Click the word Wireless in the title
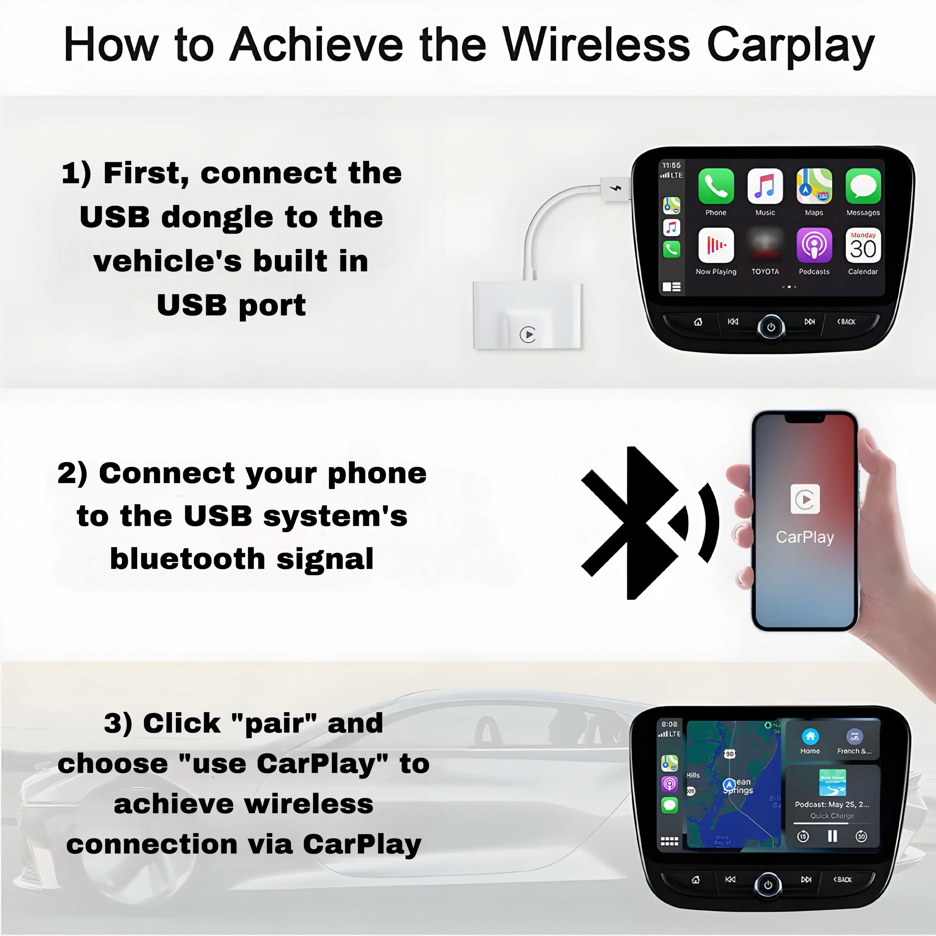coord(596,45)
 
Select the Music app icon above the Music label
coord(765,186)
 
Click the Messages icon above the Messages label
coord(863,186)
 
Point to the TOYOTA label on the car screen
coord(765,272)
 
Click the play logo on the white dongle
coord(528,334)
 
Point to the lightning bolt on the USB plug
coord(616,188)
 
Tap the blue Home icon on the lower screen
coord(810,737)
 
